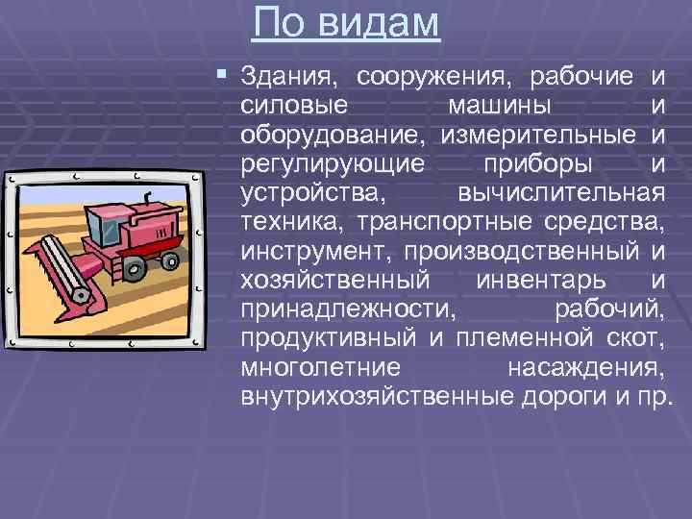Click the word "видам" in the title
coord(382,25)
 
